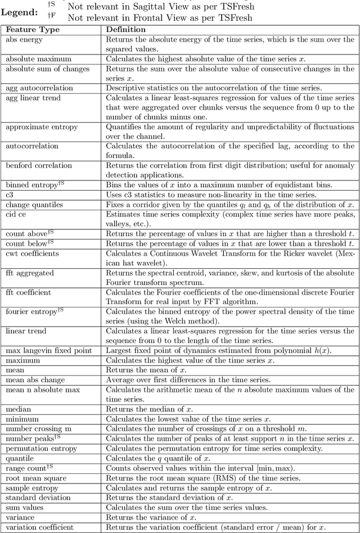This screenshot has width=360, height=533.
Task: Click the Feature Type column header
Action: (32, 29)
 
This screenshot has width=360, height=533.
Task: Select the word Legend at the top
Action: (19, 12)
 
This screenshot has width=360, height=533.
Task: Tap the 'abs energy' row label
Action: (25, 40)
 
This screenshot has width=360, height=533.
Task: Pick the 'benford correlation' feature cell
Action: (39, 166)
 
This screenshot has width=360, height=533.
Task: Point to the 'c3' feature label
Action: (10, 194)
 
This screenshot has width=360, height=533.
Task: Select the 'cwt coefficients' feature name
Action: (33, 254)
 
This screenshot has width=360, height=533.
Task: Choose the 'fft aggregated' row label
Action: (30, 273)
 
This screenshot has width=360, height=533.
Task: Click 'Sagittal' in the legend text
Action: (159, 7)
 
